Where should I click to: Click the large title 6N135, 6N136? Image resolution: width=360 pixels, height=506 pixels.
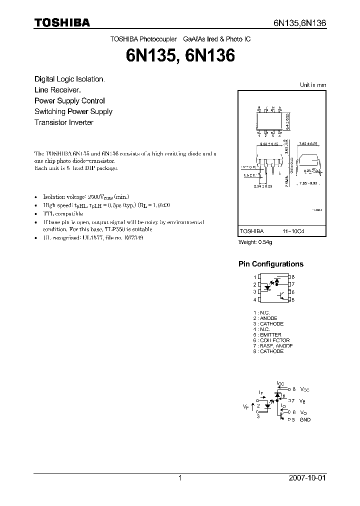coord(180,56)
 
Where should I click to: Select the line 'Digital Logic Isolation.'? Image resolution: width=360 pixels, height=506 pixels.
coord(69,79)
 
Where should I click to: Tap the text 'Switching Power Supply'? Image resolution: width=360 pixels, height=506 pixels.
coord(73,111)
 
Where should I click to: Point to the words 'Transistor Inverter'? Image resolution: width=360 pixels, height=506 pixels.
coord(64,122)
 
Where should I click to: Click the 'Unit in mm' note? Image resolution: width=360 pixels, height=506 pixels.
coord(312,85)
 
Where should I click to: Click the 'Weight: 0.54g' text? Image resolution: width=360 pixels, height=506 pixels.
coord(255,242)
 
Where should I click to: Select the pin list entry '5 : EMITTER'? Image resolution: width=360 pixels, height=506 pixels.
coord(267,335)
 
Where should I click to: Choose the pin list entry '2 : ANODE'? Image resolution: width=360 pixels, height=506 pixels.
coord(265,318)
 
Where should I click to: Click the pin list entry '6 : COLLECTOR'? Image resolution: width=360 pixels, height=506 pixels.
coord(271,340)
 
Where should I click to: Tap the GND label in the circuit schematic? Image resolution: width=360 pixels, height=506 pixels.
coord(305,420)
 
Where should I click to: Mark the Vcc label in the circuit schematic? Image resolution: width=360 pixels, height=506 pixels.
coord(305,389)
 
